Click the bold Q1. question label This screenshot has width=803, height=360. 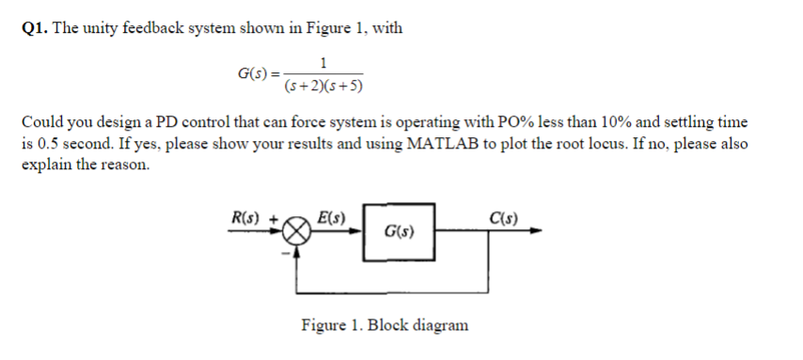point(35,28)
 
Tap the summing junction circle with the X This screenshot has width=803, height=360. point(298,231)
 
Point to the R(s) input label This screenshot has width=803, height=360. point(247,219)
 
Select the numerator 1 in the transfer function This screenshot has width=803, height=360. point(323,64)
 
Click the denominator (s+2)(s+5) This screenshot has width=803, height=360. point(323,86)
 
